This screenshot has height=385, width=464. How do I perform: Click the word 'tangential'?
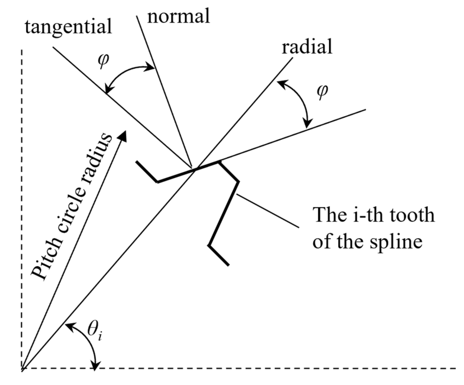tap(68, 27)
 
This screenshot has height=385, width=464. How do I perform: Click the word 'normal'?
tap(178, 16)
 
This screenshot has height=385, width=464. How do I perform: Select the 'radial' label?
tap(307, 47)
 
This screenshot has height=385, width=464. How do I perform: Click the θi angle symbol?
tap(95, 332)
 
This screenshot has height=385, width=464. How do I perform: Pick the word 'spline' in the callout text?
tap(396, 242)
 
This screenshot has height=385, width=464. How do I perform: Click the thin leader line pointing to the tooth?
tap(268, 211)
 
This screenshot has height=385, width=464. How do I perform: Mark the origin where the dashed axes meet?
tap(22, 369)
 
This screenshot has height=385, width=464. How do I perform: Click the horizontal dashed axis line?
tap(262, 369)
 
